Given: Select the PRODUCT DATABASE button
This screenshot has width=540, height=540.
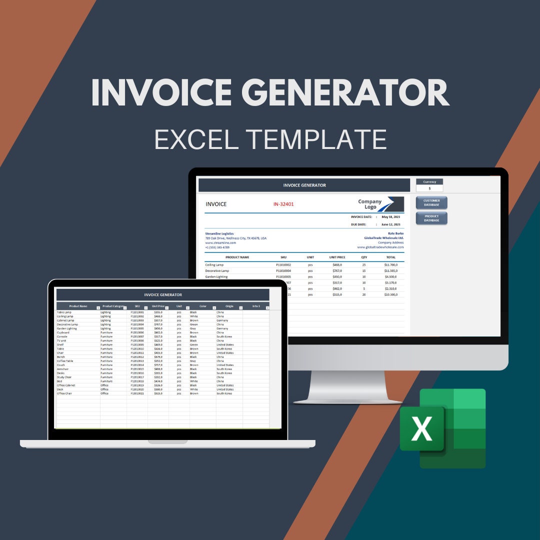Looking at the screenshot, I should [x=431, y=218].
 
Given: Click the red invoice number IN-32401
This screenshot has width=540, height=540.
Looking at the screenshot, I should [x=283, y=204].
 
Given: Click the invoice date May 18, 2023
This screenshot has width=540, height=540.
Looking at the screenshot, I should [x=391, y=217].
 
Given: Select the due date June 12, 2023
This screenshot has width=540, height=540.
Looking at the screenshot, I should [x=391, y=224].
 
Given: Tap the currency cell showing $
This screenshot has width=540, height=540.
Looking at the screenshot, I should [x=429, y=188].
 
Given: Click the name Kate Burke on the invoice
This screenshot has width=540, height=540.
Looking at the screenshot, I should [x=395, y=233].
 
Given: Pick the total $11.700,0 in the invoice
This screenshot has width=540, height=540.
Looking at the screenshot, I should [x=391, y=264].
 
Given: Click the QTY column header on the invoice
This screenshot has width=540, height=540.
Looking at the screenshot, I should [x=364, y=257].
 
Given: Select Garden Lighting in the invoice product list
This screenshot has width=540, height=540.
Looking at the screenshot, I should [x=216, y=276].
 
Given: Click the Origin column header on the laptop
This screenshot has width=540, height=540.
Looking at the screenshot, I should [x=229, y=306].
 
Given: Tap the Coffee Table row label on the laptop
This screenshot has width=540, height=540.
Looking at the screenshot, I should [x=65, y=361].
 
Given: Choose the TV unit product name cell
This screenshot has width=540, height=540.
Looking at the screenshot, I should [x=62, y=340].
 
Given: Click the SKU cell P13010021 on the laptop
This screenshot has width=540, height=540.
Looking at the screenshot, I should [x=137, y=393].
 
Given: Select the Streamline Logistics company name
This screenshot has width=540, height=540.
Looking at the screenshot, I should [x=219, y=233].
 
